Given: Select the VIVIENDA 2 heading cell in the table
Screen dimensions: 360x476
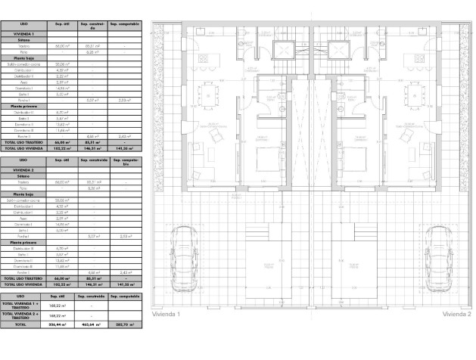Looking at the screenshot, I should [23, 171].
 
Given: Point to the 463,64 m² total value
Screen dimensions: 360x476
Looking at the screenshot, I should [92, 324].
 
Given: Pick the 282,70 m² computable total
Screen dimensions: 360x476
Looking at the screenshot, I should [124, 324].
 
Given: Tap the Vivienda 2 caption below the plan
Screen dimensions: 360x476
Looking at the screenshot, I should [457, 313].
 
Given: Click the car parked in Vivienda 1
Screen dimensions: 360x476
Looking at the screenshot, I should [183, 257].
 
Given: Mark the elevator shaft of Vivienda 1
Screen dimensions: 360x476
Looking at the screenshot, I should [285, 51].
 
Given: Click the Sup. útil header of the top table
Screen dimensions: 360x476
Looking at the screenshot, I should [61, 24].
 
